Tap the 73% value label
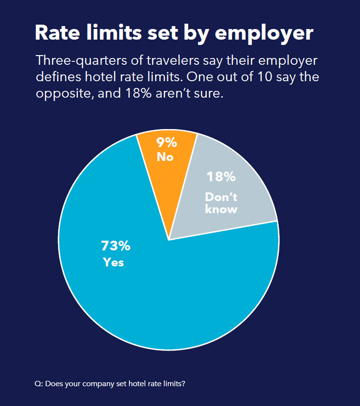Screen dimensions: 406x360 tap(115, 246)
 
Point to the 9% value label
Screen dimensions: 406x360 tap(166, 143)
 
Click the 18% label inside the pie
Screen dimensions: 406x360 tap(221, 177)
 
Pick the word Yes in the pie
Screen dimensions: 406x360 tap(114, 262)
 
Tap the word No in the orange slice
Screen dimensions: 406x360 tap(165, 157)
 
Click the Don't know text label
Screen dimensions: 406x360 tap(221, 203)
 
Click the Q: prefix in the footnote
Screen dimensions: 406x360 tap(39, 384)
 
